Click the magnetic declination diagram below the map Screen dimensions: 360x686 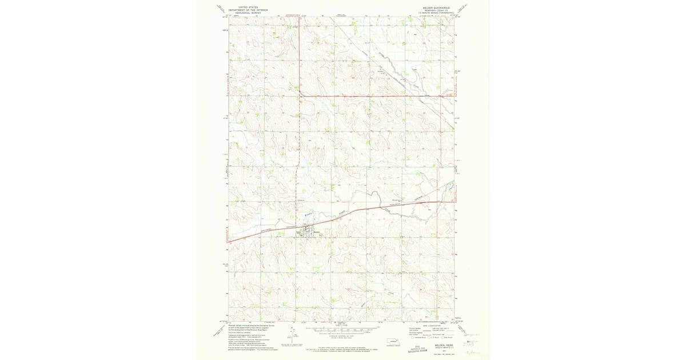[x=284, y=345]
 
